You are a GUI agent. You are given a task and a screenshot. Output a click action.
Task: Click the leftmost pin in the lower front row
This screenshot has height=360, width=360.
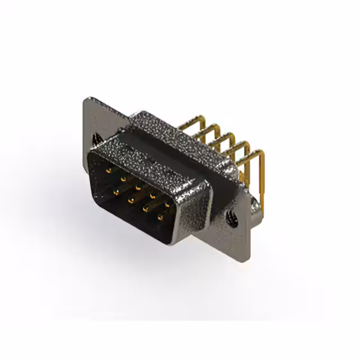pos(115,191)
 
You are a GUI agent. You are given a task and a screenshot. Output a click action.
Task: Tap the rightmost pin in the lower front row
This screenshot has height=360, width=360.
pos(161,215)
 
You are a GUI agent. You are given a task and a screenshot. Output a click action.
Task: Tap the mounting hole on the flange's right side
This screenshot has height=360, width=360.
pos(232,214)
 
